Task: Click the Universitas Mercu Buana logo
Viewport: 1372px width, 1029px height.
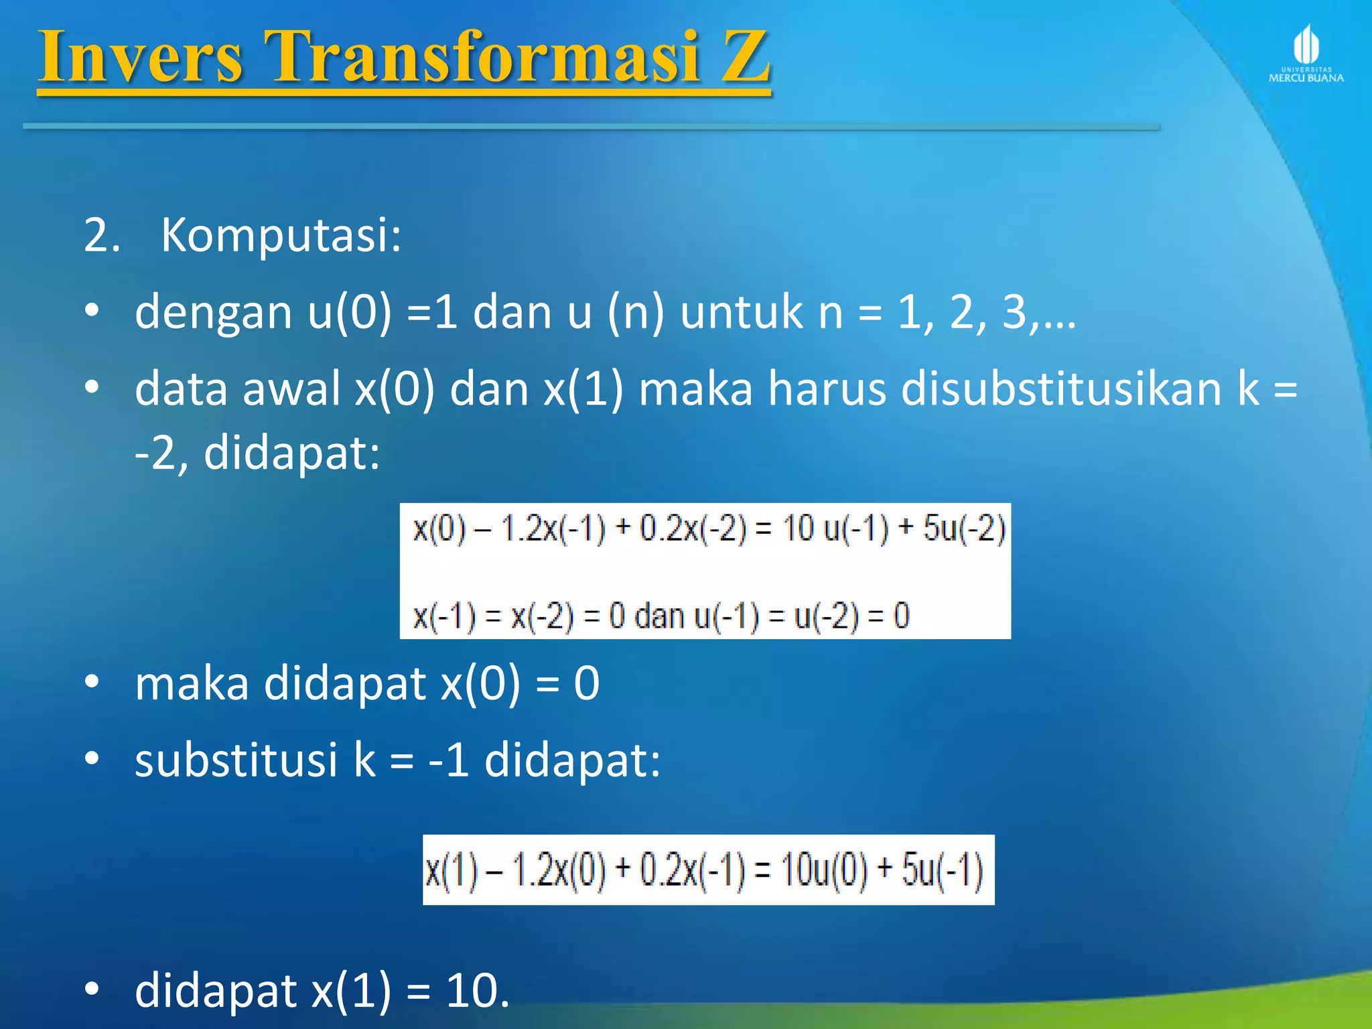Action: (1306, 54)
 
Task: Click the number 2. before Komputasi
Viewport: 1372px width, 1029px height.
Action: (102, 236)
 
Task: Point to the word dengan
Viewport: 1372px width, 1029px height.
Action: (213, 313)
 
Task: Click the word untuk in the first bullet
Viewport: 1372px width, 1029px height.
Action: (741, 313)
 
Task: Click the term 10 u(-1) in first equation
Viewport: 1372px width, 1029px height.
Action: (835, 529)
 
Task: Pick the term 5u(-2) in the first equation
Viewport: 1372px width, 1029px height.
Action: (964, 529)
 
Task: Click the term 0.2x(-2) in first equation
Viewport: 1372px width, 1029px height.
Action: (693, 529)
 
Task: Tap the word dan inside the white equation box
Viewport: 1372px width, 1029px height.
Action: (659, 616)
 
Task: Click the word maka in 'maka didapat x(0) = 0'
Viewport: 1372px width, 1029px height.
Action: (192, 684)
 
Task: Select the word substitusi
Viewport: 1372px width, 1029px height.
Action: (236, 761)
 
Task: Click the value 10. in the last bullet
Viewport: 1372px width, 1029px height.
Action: (478, 991)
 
